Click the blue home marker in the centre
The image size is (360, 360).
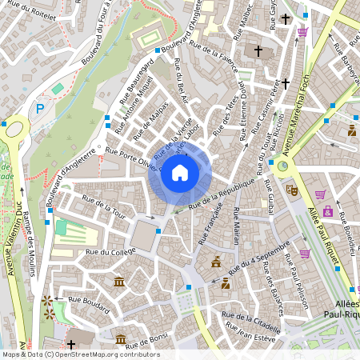(180, 173)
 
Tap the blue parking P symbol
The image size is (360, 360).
(39, 108)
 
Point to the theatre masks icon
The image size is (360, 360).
(292, 190)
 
